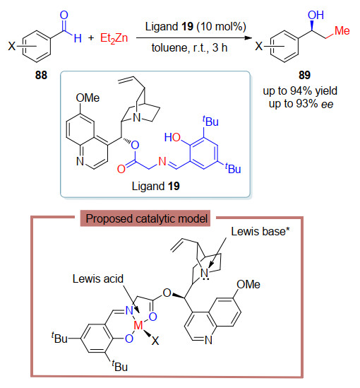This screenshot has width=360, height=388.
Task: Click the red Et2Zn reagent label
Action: tap(114, 38)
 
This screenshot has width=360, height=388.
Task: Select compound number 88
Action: tap(41, 75)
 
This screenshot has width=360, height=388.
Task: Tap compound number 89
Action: tap(304, 75)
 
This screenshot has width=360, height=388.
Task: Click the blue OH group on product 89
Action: tap(316, 15)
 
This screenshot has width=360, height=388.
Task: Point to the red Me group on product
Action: tap(342, 30)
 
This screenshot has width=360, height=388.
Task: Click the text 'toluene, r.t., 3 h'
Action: tap(189, 47)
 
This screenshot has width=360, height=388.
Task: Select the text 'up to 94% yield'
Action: tap(300, 90)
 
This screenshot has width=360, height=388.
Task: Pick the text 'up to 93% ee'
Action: tap(301, 104)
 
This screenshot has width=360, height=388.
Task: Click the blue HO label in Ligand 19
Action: tap(172, 137)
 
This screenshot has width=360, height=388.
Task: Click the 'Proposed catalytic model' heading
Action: tap(146, 219)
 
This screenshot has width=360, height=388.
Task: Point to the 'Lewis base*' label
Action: tap(260, 232)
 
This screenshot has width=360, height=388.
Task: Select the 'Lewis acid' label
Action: tap(98, 279)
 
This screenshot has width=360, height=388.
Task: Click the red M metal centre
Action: tap(138, 325)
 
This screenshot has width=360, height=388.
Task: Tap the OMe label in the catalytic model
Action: tap(248, 284)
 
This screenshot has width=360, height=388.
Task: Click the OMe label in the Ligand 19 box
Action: tap(88, 98)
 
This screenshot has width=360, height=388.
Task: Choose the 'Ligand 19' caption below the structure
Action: tap(156, 186)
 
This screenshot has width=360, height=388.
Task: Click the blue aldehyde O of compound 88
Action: tap(64, 15)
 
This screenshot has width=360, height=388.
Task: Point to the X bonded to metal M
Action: tap(155, 341)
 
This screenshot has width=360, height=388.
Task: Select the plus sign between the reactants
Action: tap(91, 38)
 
